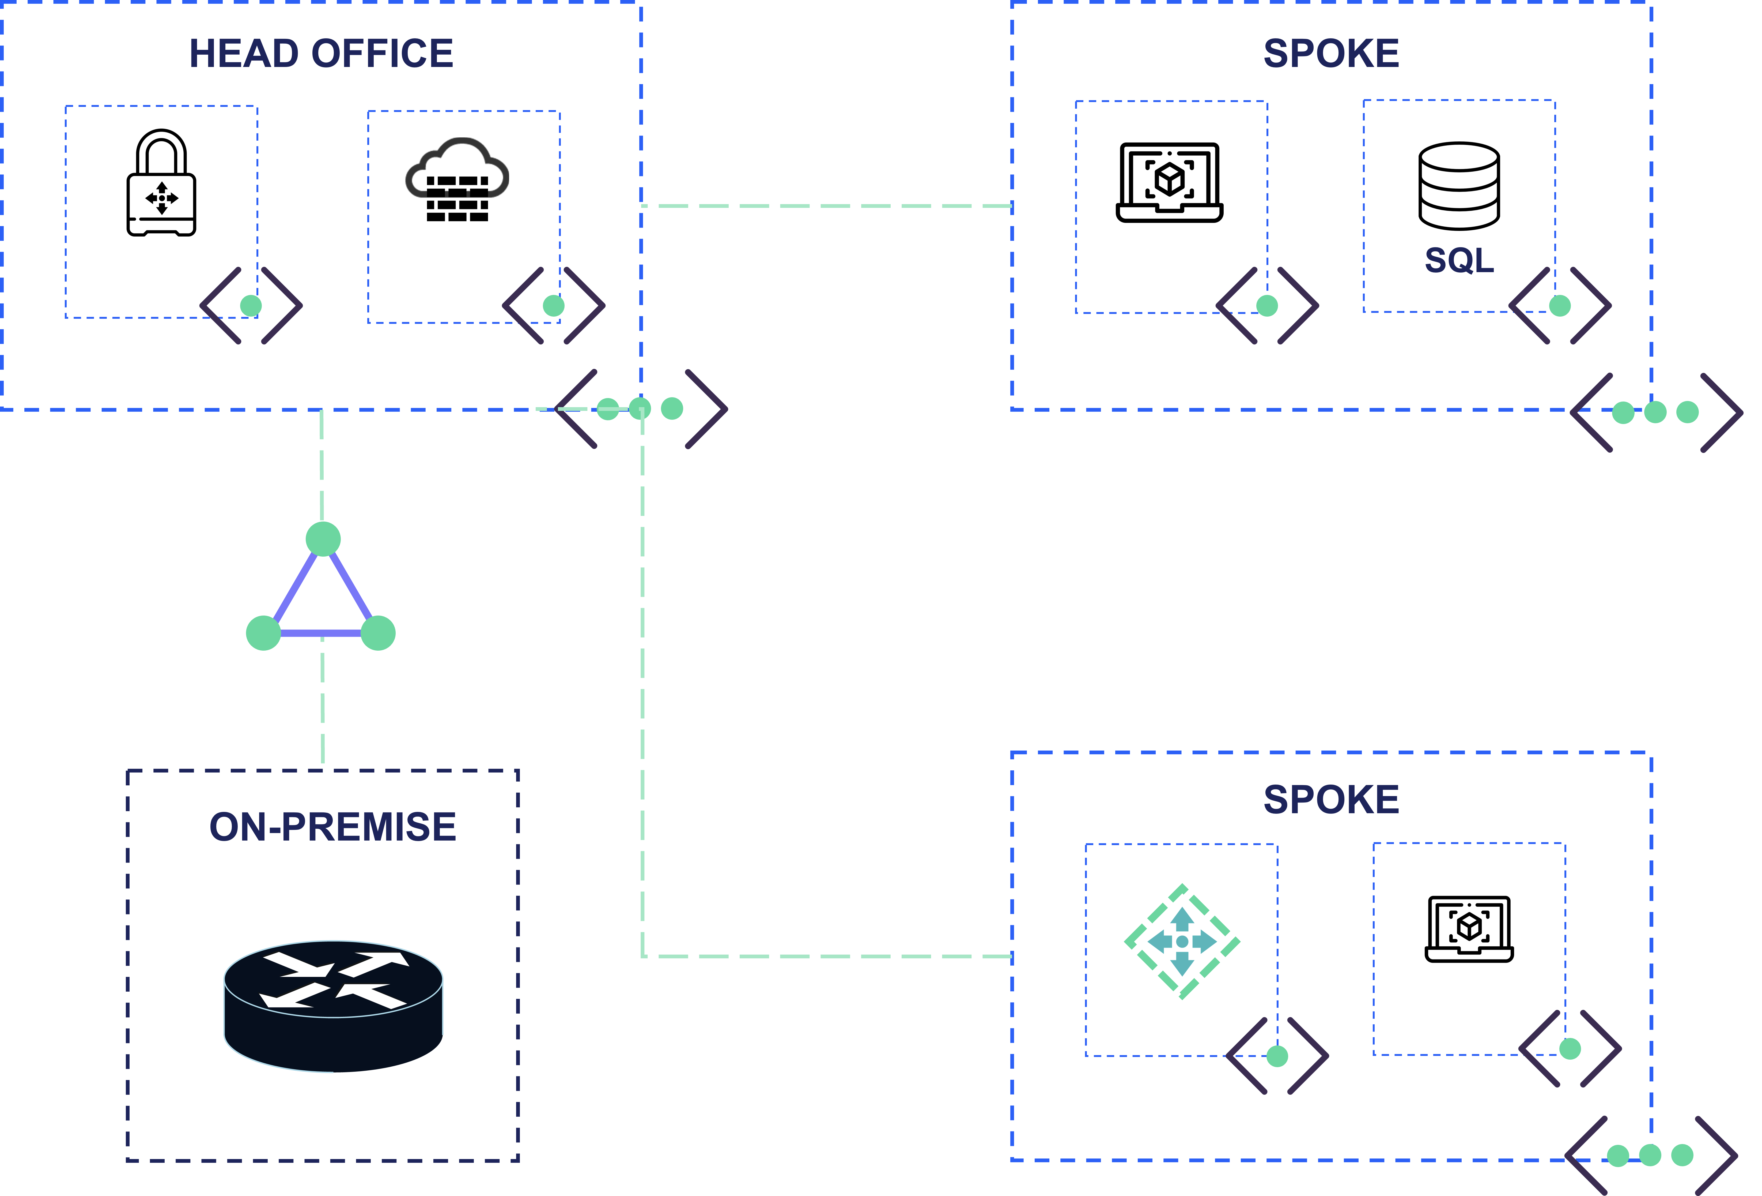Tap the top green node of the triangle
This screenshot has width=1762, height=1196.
tap(323, 538)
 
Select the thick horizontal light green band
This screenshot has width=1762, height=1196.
tap(1198, 665)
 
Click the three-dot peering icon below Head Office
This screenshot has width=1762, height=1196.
tap(641, 410)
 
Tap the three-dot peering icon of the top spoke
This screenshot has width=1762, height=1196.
tap(1655, 413)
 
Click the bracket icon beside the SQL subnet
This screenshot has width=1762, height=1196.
tap(1560, 306)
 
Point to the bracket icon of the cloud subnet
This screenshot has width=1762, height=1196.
tap(553, 306)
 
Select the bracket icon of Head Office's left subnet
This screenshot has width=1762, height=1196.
tap(251, 306)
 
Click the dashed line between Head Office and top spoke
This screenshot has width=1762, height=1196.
tap(826, 206)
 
